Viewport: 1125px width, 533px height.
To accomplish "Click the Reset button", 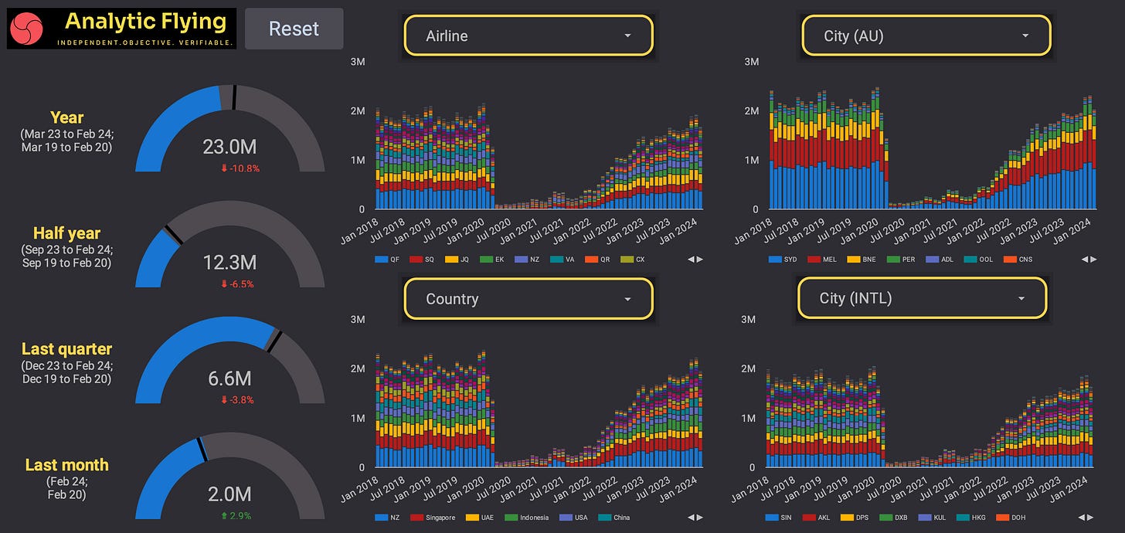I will pos(294,29).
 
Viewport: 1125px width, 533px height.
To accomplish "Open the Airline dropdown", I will pos(529,36).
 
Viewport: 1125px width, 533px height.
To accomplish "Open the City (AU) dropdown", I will pos(926,36).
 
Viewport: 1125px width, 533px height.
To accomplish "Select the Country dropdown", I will pos(529,299).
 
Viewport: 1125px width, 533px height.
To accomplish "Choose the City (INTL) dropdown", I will pos(922,298).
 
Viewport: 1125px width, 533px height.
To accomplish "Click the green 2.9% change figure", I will pos(238,515).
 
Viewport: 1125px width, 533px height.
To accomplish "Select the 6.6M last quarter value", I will pos(229,379).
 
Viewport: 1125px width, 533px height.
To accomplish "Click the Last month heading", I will pos(66,465).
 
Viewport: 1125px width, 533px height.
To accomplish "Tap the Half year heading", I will pos(66,233).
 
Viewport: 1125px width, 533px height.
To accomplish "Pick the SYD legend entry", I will pos(784,260).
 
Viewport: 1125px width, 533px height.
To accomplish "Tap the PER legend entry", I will pos(902,260).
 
